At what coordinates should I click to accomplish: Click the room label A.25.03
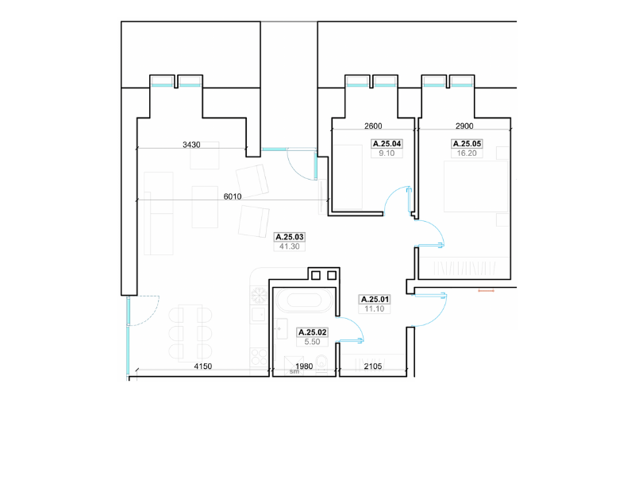(x=290, y=237)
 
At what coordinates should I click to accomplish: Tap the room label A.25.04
(x=387, y=144)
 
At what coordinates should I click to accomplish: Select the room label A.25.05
(x=467, y=144)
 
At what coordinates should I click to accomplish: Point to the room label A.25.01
(x=375, y=300)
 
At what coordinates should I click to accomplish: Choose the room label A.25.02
(x=312, y=332)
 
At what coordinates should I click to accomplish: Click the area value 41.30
(x=290, y=246)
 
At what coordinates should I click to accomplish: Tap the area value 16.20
(x=467, y=153)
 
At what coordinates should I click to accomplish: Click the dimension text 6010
(x=233, y=196)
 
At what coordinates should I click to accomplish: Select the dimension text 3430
(x=191, y=145)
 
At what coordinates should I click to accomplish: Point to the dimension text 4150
(x=203, y=366)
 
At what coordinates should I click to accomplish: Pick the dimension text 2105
(x=373, y=366)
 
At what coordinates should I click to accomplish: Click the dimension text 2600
(x=373, y=126)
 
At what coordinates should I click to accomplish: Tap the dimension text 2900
(x=464, y=126)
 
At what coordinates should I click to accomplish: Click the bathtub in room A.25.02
(x=305, y=301)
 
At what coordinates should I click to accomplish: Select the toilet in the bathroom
(x=322, y=363)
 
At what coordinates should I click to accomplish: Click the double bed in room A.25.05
(x=475, y=186)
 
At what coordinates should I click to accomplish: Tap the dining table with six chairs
(x=190, y=333)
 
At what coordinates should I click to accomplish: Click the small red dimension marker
(x=486, y=290)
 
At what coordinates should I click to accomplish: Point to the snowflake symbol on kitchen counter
(x=259, y=295)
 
